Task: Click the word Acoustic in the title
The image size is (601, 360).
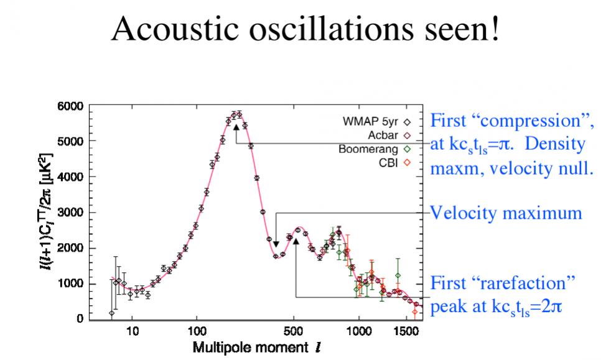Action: (175, 29)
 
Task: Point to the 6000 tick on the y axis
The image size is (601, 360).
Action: (70, 106)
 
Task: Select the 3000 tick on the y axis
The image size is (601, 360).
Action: (70, 213)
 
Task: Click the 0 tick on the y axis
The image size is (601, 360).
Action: (80, 318)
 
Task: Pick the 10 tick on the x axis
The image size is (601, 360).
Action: (133, 331)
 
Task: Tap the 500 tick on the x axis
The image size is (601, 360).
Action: (294, 331)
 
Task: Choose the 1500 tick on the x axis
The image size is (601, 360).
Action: (406, 331)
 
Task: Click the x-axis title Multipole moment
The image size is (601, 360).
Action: (250, 348)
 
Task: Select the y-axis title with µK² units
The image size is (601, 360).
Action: (47, 211)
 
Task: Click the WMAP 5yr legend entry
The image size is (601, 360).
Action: (376, 122)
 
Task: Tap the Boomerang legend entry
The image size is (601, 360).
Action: (375, 149)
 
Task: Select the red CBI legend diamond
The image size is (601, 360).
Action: (407, 163)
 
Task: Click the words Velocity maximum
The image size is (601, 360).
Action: (506, 213)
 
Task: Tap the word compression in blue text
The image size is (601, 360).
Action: (530, 122)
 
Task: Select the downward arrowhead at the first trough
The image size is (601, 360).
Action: (276, 244)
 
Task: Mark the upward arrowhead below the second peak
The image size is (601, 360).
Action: (296, 242)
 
